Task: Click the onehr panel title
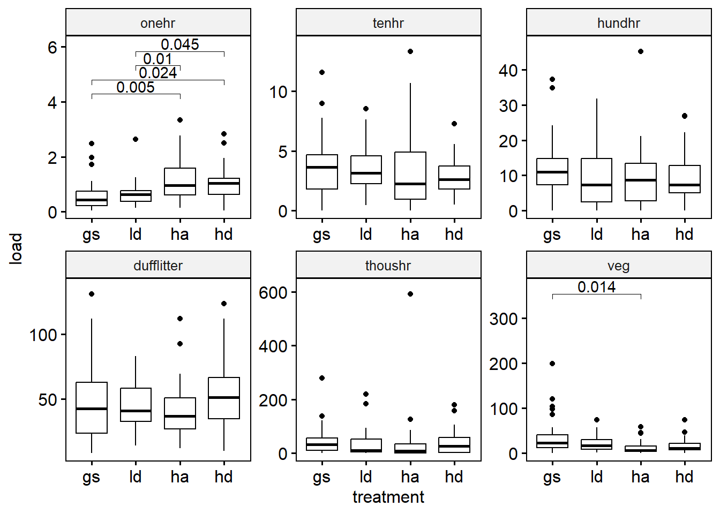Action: coord(158,23)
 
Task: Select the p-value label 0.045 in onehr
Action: coord(180,44)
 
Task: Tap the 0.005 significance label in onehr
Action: coord(136,87)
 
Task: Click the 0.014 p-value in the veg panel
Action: coord(596,287)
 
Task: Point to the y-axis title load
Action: coord(16,248)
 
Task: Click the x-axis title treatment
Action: coord(388,497)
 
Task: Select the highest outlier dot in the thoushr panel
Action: coord(410,294)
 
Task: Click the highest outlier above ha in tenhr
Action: coord(410,51)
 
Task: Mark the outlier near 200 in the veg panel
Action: coord(552,364)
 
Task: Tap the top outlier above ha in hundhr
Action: coord(641,51)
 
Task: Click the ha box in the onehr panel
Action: coord(180,182)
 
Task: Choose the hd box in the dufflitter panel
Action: coord(224,398)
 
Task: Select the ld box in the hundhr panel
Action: coord(596,180)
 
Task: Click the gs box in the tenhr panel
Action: coord(322,171)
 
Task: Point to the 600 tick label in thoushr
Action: coord(273,293)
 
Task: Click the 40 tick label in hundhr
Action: coord(508,70)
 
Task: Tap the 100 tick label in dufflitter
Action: coord(43,335)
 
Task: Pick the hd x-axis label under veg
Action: coord(684,477)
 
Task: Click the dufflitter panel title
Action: coord(158,266)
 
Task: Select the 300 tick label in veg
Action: coord(504,319)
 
